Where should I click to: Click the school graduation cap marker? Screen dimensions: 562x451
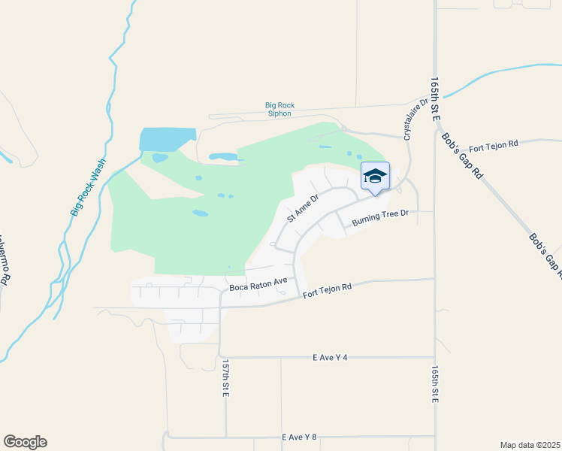pyautogui.click(x=375, y=177)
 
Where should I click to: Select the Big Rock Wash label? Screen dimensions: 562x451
pyautogui.click(x=89, y=187)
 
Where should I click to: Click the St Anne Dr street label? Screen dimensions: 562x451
pyautogui.click(x=304, y=208)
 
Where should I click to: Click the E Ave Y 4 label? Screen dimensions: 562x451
pyautogui.click(x=330, y=358)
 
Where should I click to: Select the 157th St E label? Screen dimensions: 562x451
pyautogui.click(x=225, y=377)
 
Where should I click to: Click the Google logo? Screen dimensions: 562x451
pyautogui.click(x=25, y=442)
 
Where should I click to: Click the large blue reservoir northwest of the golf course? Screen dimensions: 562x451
pyautogui.click(x=167, y=138)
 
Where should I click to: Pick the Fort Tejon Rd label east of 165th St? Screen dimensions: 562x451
pyautogui.click(x=494, y=144)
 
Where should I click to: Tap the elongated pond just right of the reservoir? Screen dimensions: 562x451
pyautogui.click(x=223, y=157)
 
